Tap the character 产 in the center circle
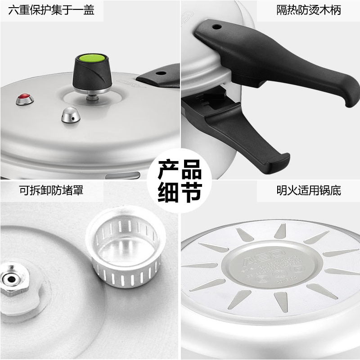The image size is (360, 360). [x=168, y=170]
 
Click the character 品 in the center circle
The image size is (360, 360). [x=191, y=170]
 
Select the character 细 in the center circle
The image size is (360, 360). [x=168, y=192]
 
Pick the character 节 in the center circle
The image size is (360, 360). [x=191, y=192]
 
